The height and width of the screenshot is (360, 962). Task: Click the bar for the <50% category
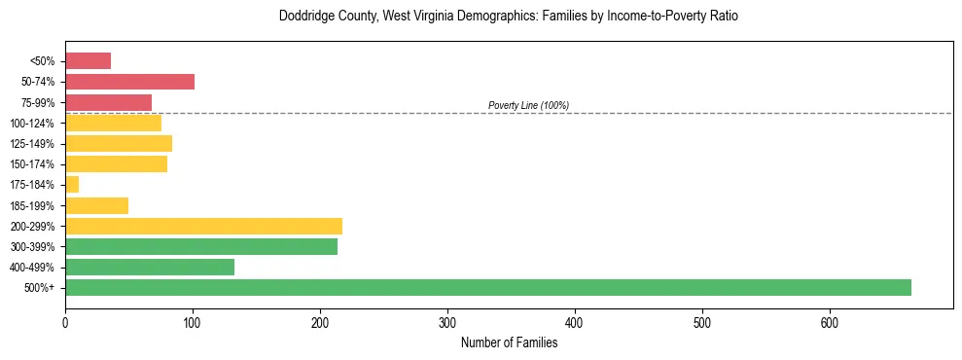click(x=88, y=61)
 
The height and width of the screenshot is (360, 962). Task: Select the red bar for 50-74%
click(x=129, y=82)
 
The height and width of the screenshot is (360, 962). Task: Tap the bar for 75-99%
click(x=108, y=102)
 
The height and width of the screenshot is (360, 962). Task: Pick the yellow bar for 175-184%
click(x=72, y=185)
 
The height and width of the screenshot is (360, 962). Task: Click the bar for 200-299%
click(x=203, y=226)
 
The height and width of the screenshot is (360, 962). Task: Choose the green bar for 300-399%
click(x=201, y=247)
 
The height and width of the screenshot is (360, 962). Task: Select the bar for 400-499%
click(x=150, y=268)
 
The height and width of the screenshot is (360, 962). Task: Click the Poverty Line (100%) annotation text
click(x=528, y=105)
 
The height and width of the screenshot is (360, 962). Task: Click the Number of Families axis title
click(x=509, y=342)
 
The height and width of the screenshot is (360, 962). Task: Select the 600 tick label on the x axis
click(x=830, y=322)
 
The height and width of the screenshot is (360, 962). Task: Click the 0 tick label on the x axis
click(x=65, y=322)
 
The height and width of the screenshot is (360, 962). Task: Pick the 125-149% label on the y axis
click(x=32, y=144)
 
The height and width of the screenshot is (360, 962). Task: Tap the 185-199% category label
click(x=32, y=206)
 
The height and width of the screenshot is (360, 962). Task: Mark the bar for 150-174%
click(x=116, y=164)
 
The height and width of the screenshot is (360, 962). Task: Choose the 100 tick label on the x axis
click(x=193, y=322)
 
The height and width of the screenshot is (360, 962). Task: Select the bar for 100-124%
click(x=113, y=123)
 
